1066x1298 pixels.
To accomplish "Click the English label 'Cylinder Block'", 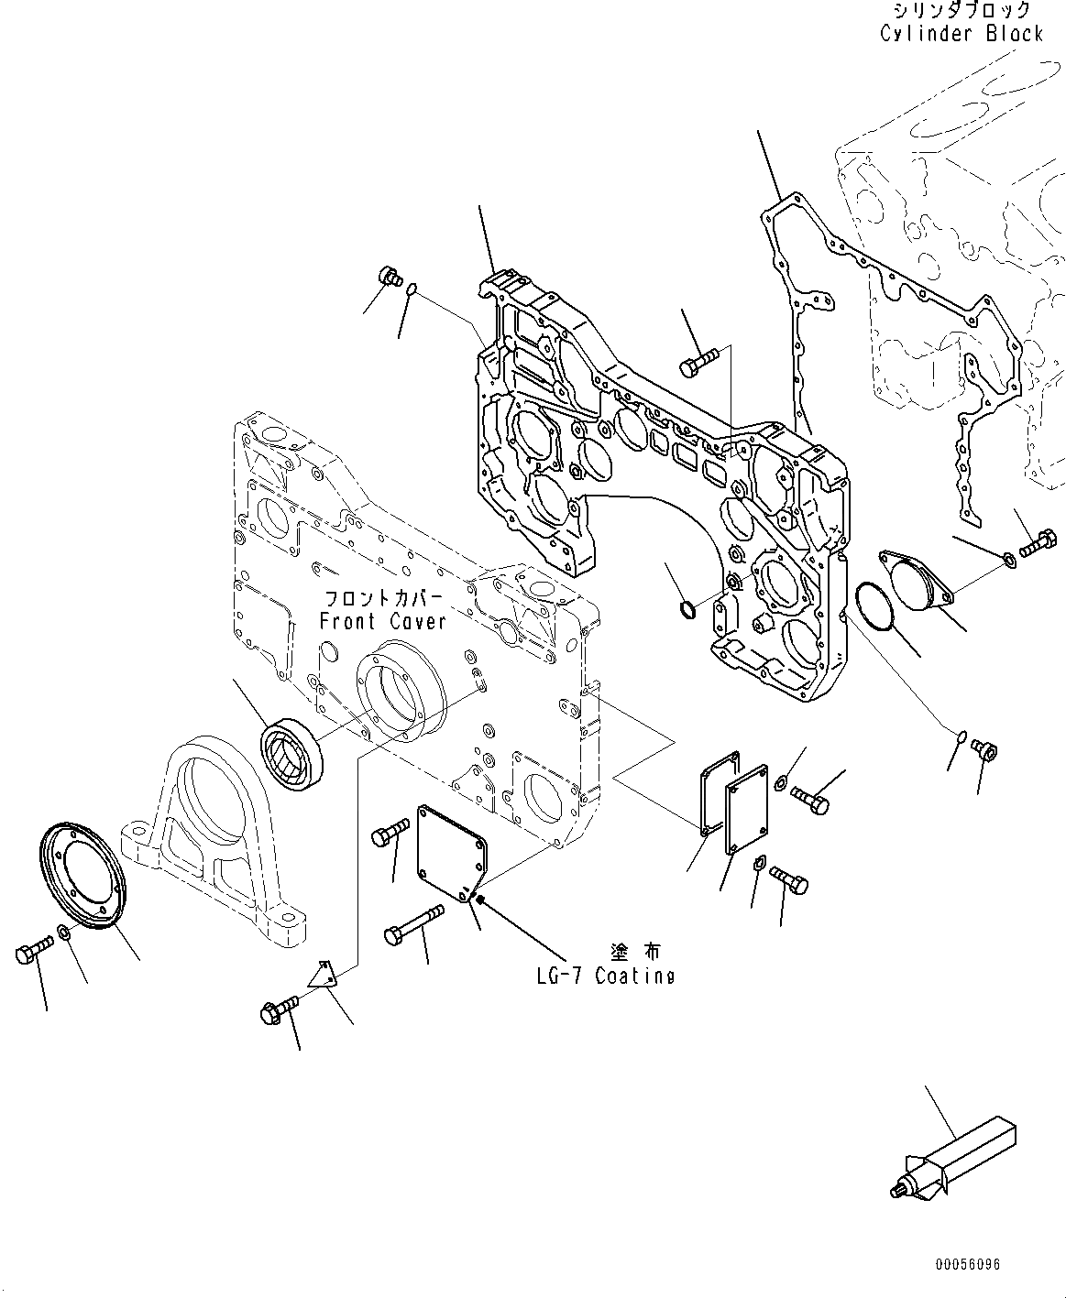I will tap(962, 34).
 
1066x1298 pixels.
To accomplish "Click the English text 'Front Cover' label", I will tap(382, 621).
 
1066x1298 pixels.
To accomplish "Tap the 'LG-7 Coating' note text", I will tap(605, 976).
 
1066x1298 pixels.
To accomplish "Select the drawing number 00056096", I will tap(968, 1265).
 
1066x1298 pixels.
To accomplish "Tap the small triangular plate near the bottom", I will tap(323, 975).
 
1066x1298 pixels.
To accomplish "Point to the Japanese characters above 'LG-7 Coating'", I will tap(633, 952).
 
